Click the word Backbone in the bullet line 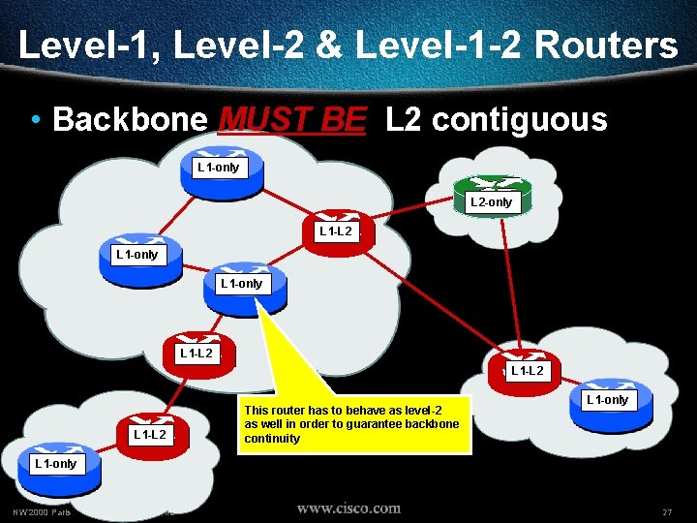click(130, 120)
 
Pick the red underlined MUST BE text click(292, 120)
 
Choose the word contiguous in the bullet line click(519, 120)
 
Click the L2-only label click(491, 202)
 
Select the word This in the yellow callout click(258, 411)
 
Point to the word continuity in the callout click(272, 439)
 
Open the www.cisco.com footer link click(348, 508)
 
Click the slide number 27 click(667, 511)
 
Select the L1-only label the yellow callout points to click(241, 284)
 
